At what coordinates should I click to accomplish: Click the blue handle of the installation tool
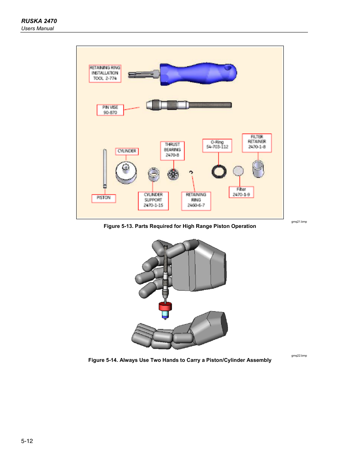[198, 74]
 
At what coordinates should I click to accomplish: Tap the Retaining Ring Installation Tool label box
[105, 73]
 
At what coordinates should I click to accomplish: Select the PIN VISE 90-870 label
[110, 110]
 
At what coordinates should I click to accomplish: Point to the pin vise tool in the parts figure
[189, 105]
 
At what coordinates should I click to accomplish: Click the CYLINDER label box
[127, 151]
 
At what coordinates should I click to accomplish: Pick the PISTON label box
[103, 198]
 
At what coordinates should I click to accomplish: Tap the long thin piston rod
[105, 168]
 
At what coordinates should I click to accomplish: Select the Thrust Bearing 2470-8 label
[172, 150]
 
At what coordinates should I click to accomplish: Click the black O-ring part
[219, 172]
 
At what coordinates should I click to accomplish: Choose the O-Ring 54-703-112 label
[217, 145]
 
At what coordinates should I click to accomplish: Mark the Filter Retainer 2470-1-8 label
[257, 142]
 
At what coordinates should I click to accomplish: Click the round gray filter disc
[238, 171]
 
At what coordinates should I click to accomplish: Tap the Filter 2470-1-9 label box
[241, 192]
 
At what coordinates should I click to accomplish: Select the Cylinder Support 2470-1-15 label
[153, 200]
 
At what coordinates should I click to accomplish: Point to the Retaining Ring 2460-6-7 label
[196, 200]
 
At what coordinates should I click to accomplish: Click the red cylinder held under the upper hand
[165, 306]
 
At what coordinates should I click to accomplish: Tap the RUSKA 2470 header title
[39, 21]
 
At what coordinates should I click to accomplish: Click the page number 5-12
[27, 441]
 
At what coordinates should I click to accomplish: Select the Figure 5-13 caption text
[180, 226]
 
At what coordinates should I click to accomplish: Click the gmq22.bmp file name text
[299, 355]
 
